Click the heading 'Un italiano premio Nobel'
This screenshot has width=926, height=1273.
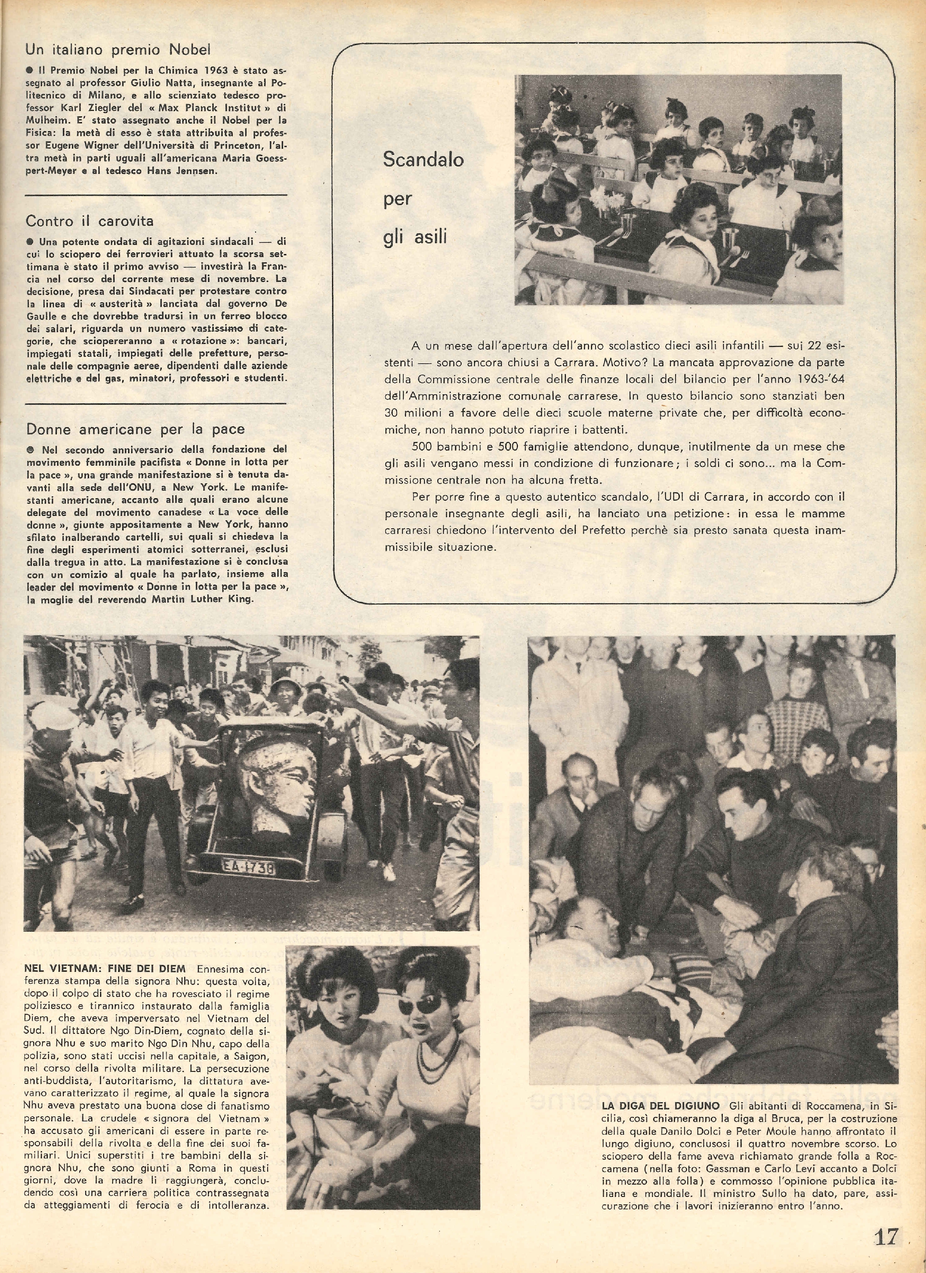118,50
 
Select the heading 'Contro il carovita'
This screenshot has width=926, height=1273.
90,221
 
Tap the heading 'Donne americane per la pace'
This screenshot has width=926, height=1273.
136,429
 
